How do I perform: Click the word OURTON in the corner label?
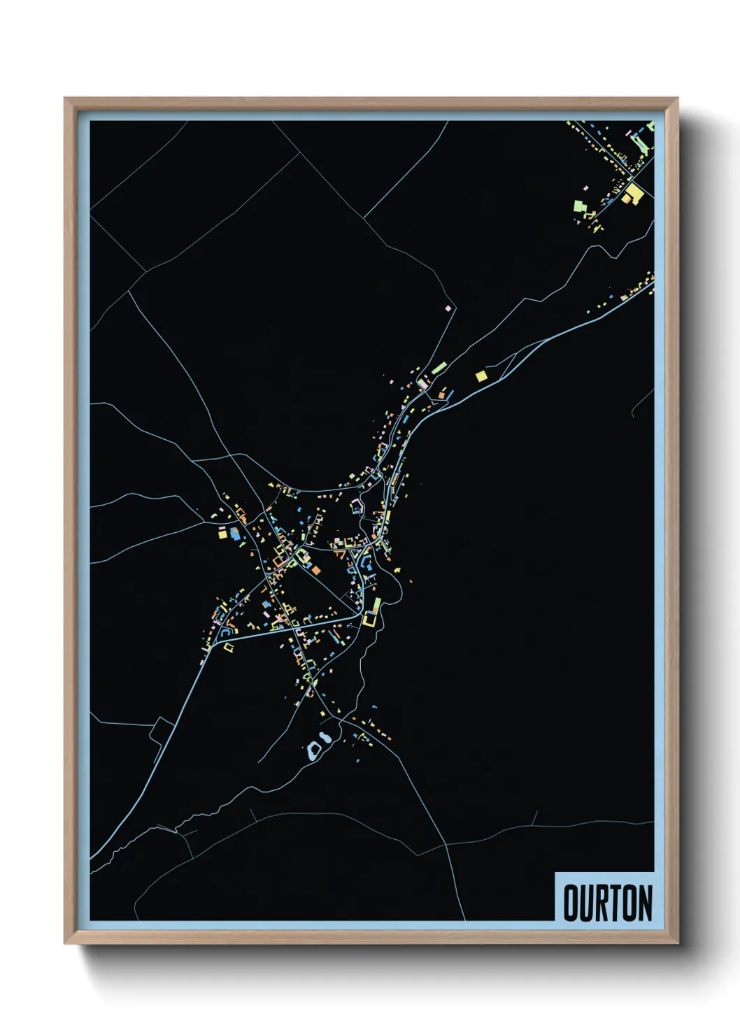pos(607,903)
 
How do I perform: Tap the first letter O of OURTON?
pos(570,903)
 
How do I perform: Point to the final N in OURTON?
pos(645,903)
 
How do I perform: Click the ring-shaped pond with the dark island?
pos(315,751)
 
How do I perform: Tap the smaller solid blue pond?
pos(325,737)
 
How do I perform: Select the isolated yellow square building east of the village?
pos(481,376)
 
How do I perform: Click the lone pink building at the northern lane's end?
pos(448,308)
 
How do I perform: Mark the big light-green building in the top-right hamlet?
pos(580,206)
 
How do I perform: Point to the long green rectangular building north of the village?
pos(439,367)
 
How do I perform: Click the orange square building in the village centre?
pos(315,570)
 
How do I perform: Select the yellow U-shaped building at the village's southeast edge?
pos(370,619)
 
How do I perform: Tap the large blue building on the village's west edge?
pos(235,534)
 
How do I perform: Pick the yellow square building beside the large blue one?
pos(223,534)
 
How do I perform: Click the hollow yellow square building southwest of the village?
pos(228,648)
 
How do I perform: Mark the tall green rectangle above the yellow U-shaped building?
pos(377,604)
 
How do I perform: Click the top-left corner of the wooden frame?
pos(66,99)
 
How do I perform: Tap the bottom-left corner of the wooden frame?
pos(66,943)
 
